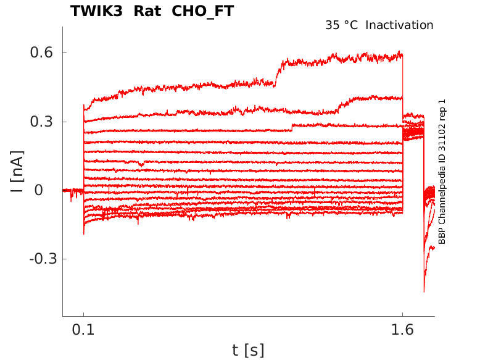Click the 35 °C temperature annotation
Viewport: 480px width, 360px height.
point(341,25)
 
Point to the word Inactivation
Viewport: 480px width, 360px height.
point(400,25)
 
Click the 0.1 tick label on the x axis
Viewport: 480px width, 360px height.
point(84,330)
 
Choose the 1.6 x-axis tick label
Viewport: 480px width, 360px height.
point(402,330)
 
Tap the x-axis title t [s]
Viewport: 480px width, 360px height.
point(248,350)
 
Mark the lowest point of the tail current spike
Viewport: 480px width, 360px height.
point(424,291)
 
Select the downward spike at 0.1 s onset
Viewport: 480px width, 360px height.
point(84,233)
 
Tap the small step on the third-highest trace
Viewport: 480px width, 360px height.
point(292,128)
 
